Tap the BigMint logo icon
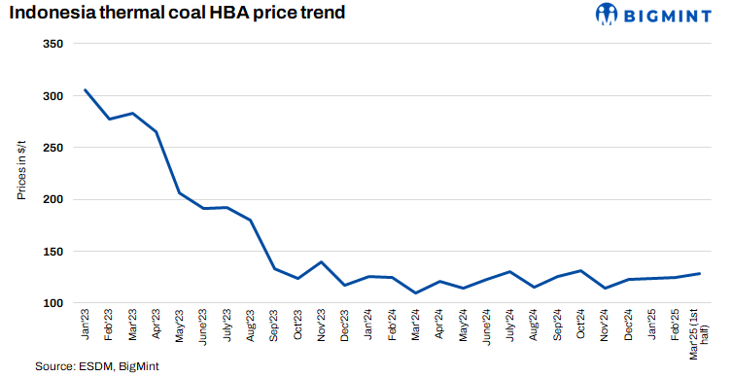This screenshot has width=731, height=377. click(608, 14)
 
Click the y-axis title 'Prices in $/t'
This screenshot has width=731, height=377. click(20, 169)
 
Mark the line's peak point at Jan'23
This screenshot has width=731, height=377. click(86, 90)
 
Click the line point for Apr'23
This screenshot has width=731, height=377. click(157, 131)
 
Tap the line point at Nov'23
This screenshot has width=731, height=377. click(322, 262)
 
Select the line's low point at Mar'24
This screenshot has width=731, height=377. click(416, 292)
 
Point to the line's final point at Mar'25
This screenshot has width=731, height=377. click(700, 273)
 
